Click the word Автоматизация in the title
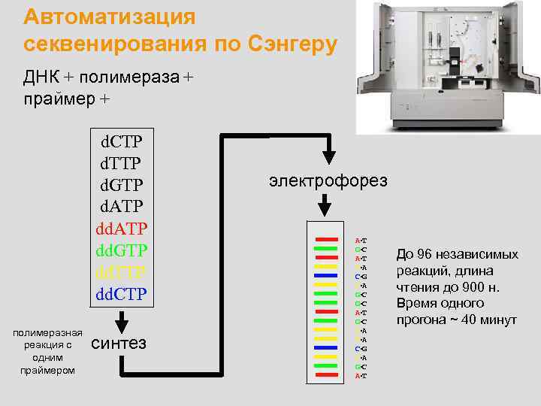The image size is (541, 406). [110, 17]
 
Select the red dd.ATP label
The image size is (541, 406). [122, 227]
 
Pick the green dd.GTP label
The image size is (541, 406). [122, 249]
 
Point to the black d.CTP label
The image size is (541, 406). [122, 141]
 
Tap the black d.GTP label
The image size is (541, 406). [122, 184]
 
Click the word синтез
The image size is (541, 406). [118, 343]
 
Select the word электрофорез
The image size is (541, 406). [328, 180]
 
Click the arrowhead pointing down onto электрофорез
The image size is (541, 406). [328, 156]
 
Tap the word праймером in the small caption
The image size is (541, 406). [47, 370]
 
